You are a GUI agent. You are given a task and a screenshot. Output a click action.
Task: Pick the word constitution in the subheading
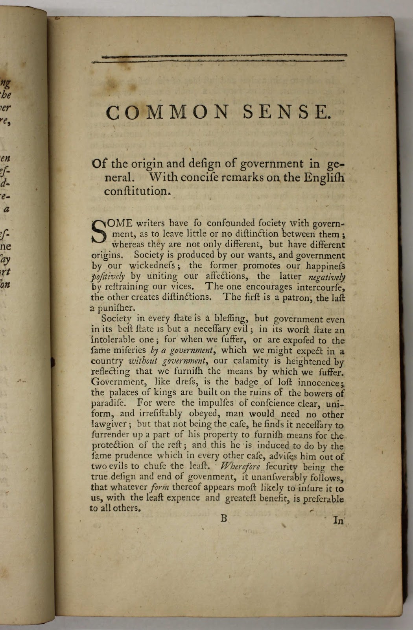coord(137,191)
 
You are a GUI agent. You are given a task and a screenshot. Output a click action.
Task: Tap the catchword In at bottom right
coord(338,521)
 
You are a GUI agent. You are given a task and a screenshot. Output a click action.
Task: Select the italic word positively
coord(108,276)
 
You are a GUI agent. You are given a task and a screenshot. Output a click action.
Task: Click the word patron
coord(289,298)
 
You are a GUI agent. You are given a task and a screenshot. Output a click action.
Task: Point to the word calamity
coord(250,361)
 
